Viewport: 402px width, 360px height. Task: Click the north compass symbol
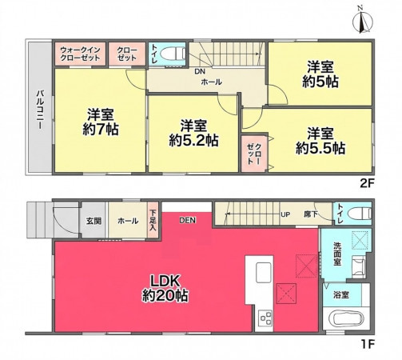362,21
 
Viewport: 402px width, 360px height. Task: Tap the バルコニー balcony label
40,110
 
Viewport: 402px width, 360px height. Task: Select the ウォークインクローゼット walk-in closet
81,54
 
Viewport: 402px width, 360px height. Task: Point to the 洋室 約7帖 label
101,122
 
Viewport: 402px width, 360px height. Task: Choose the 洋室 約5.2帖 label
193,133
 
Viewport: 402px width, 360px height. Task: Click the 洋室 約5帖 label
320,74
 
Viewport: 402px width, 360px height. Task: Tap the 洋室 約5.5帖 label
320,141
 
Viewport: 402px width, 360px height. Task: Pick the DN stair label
200,71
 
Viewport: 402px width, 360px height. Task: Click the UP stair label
285,214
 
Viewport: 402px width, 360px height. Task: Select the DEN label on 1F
188,220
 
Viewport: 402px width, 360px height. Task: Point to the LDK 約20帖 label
165,288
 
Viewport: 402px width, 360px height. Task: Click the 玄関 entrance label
94,221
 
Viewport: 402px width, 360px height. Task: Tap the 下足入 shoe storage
153,220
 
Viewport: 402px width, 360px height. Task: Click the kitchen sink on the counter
264,272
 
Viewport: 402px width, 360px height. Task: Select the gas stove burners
265,318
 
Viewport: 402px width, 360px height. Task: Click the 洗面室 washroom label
337,254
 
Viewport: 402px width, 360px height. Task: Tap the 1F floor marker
368,345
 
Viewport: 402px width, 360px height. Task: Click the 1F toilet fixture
360,214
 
